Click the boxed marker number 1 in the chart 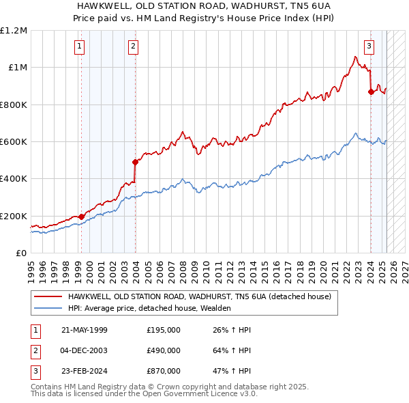(80, 46)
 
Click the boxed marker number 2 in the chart (133, 46)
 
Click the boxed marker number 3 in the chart (369, 46)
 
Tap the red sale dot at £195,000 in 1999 (82, 217)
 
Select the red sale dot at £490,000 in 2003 (135, 162)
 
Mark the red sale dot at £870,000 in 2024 (371, 92)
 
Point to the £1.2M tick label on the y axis (14, 31)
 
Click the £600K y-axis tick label (14, 142)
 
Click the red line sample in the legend (48, 296)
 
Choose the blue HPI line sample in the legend (48, 308)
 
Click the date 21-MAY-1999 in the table (85, 330)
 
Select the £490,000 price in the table (164, 350)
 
